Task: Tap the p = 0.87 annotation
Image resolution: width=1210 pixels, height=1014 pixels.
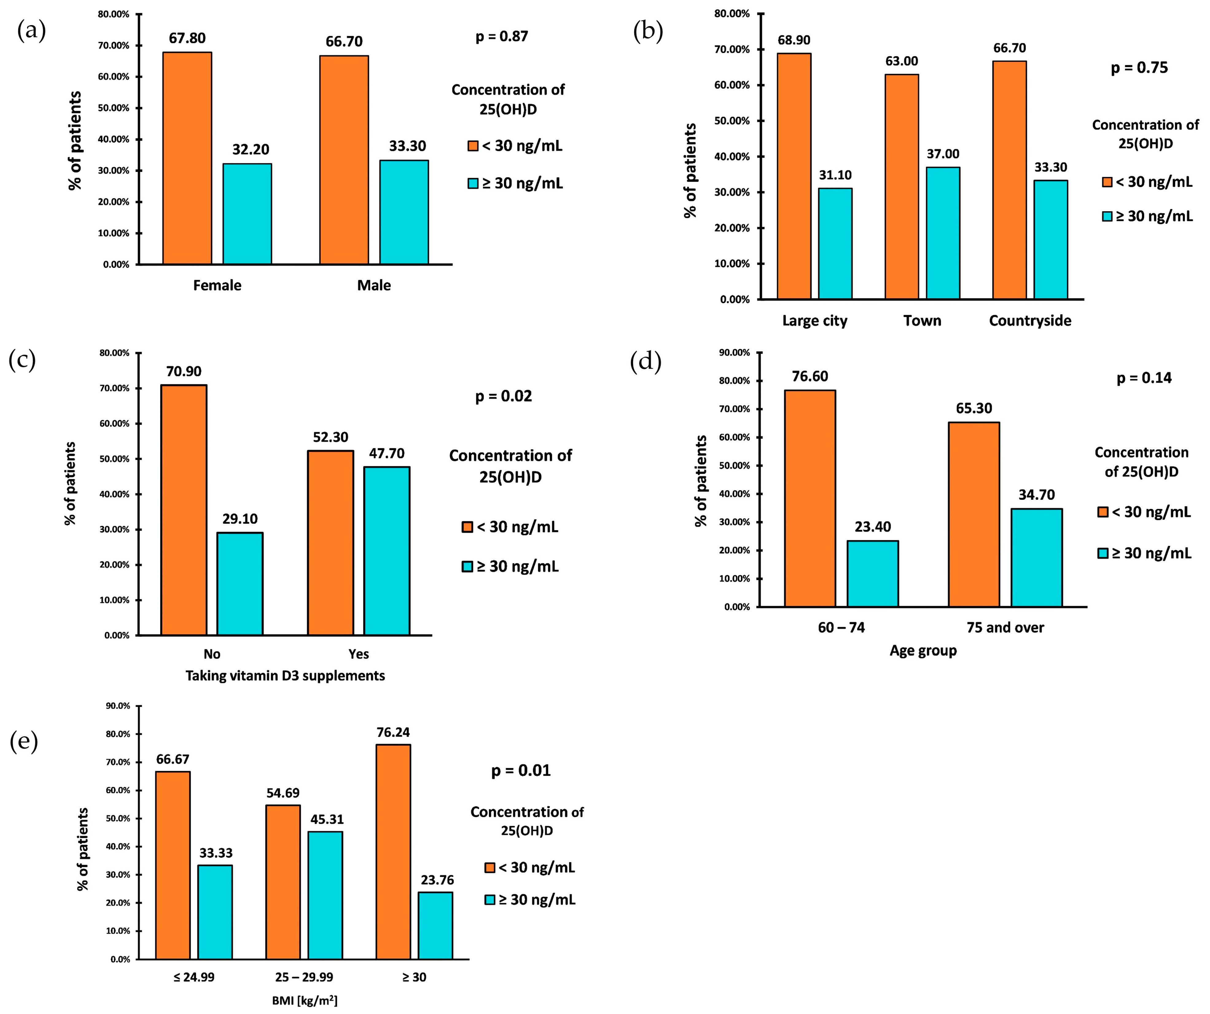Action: coord(501,36)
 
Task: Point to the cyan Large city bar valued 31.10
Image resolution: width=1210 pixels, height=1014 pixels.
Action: coord(835,243)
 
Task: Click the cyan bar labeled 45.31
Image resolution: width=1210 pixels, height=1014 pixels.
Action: coord(325,895)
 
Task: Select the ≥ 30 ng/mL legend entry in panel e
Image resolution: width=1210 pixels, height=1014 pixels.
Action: coord(530,900)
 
